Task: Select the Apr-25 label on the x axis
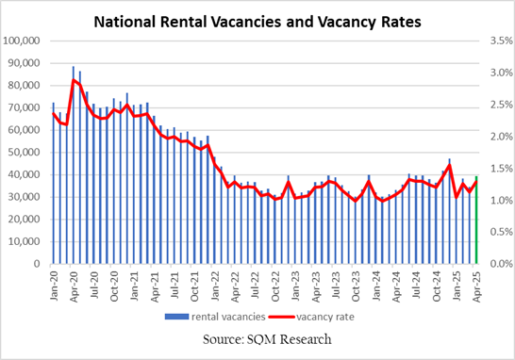477,283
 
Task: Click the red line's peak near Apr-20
74,80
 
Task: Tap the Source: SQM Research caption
257,339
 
